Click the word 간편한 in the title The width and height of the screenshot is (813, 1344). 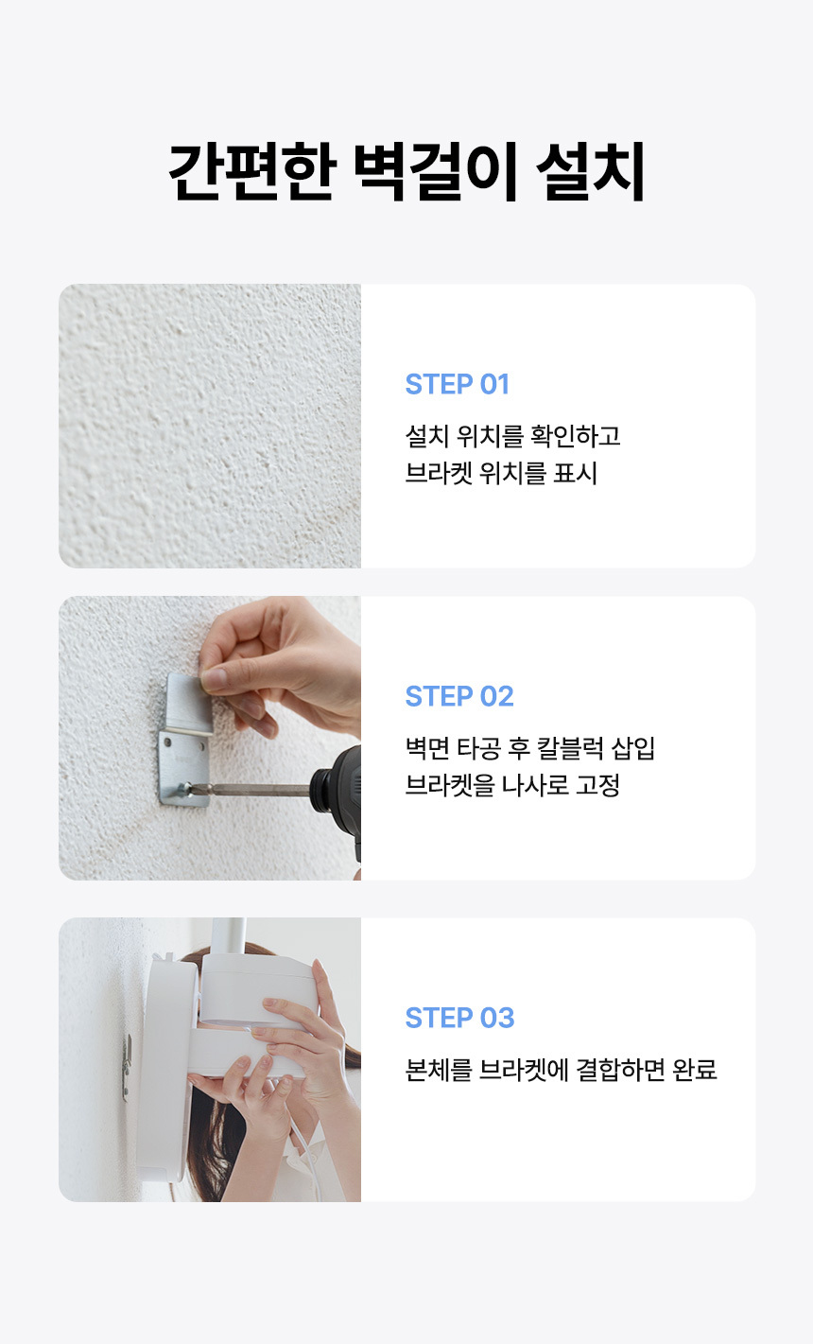[251, 171]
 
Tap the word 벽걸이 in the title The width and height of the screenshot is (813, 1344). [435, 171]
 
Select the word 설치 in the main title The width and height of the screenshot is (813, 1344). [590, 171]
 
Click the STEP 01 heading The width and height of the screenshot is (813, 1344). [457, 384]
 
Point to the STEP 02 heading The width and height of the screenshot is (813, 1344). [459, 696]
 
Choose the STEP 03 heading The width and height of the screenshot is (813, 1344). [459, 1018]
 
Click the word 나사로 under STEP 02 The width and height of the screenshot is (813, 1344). [535, 785]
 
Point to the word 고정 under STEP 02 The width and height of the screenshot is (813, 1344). [597, 785]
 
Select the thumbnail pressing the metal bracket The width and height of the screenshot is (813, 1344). [214, 678]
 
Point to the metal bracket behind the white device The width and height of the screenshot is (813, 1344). [127, 1068]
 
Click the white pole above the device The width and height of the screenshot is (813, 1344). [229, 936]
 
